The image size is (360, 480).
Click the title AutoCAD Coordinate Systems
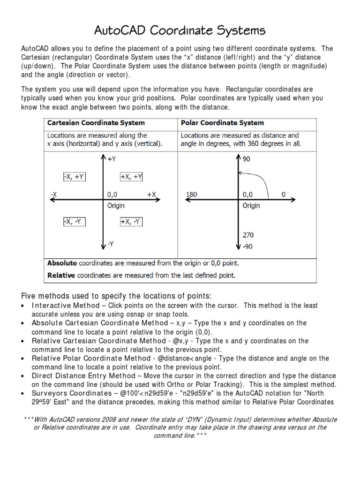[180, 30]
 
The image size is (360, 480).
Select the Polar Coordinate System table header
[222, 123]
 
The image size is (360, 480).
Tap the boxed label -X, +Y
[75, 177]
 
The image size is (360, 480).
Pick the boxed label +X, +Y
[131, 177]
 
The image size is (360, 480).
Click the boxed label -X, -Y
[75, 222]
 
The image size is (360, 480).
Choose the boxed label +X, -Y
[131, 222]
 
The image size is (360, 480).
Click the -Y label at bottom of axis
[111, 244]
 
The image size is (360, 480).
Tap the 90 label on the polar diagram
[247, 159]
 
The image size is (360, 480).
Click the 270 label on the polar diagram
[248, 235]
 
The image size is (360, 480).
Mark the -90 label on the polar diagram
[248, 247]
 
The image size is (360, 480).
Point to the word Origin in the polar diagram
[251, 205]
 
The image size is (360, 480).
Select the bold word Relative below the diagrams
[61, 275]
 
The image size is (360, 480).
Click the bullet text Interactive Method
[65, 306]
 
